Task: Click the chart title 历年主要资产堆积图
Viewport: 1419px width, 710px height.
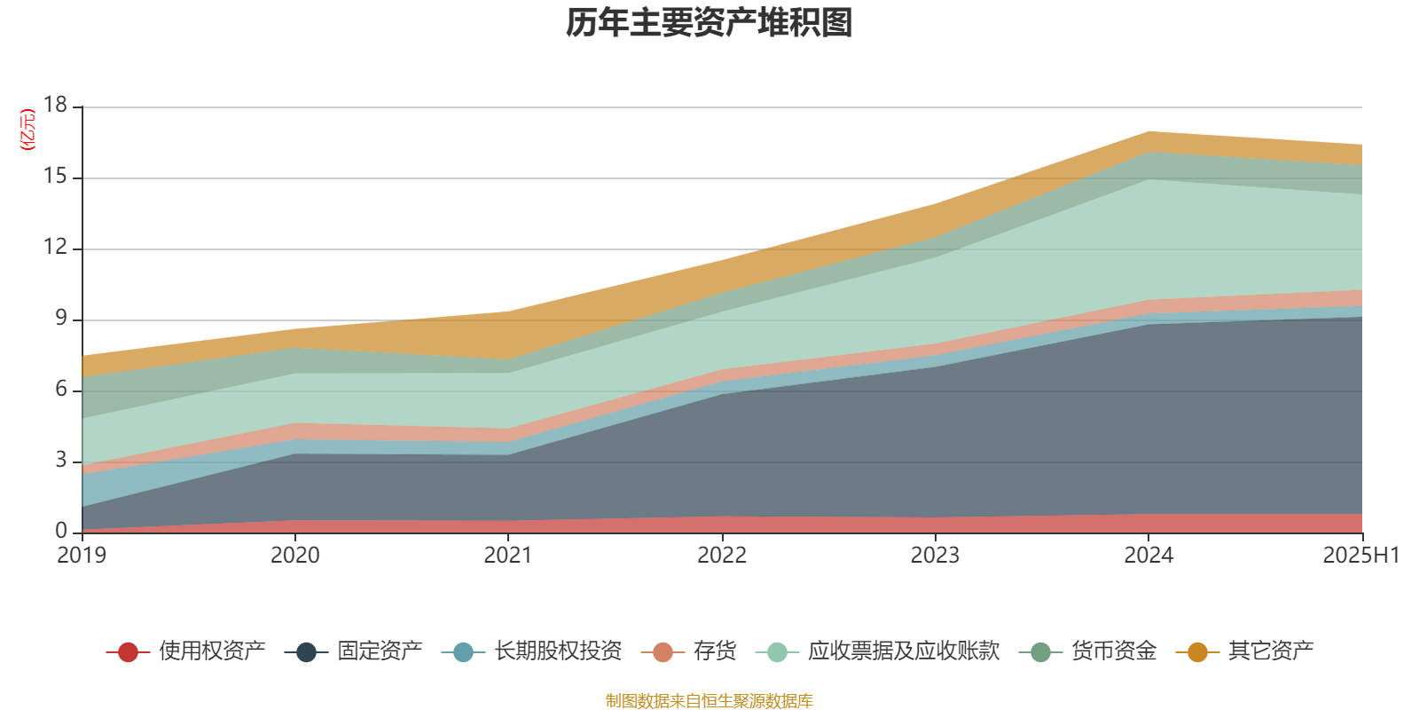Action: coord(709,24)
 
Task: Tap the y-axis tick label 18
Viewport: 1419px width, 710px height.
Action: coord(55,106)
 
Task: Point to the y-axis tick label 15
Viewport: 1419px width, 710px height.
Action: coord(55,177)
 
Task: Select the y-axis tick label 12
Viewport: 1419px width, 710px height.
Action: coord(55,248)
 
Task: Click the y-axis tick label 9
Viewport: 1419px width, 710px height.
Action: coord(60,319)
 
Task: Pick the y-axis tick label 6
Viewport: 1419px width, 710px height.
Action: coord(60,390)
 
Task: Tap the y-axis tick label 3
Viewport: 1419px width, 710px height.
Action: coord(60,461)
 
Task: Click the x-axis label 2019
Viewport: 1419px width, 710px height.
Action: coord(82,556)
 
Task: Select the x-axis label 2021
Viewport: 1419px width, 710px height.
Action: coord(508,556)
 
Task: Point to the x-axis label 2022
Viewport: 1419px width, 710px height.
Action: coord(722,556)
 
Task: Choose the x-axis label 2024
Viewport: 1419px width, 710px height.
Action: coord(1149,556)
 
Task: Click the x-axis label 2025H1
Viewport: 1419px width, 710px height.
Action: coord(1360,556)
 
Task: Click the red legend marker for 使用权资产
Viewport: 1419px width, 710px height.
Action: coord(128,652)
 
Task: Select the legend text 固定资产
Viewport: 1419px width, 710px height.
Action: coord(380,651)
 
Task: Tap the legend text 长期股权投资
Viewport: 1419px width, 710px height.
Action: coord(558,651)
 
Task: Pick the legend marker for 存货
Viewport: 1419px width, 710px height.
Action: coord(662,652)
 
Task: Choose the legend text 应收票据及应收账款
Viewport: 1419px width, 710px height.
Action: coord(903,651)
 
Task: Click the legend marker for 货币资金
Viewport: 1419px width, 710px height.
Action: coord(1040,652)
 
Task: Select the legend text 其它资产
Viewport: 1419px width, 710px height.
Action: coord(1270,651)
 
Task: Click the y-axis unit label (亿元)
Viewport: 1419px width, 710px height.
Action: coord(27,130)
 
